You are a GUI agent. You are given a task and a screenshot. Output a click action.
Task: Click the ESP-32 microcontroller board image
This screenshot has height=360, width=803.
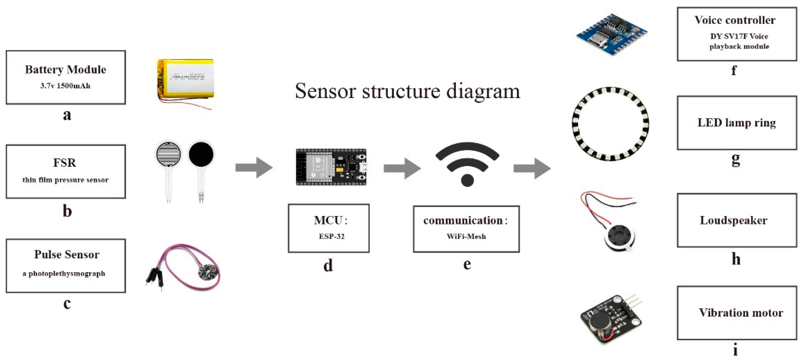coord(331,167)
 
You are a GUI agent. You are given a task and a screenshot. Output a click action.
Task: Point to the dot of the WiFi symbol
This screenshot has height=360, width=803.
coord(467,180)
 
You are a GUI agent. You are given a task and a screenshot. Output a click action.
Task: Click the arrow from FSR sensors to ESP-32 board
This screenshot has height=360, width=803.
coord(254,168)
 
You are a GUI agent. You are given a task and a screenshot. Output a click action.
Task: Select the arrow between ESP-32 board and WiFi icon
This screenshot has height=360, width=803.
coord(402,168)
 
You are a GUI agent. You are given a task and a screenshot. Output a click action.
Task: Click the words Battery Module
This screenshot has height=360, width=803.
coord(66,70)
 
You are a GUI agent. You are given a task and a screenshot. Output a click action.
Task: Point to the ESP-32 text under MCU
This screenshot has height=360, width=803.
coord(331,236)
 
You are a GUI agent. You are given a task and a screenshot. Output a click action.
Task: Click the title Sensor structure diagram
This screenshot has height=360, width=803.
coord(407,91)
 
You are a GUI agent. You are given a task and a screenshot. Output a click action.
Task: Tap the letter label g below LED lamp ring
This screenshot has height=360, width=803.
coord(735,160)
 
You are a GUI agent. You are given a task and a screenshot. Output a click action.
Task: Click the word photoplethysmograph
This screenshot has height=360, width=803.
coord(66,274)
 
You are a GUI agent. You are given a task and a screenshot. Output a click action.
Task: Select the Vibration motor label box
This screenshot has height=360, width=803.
coord(737,313)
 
